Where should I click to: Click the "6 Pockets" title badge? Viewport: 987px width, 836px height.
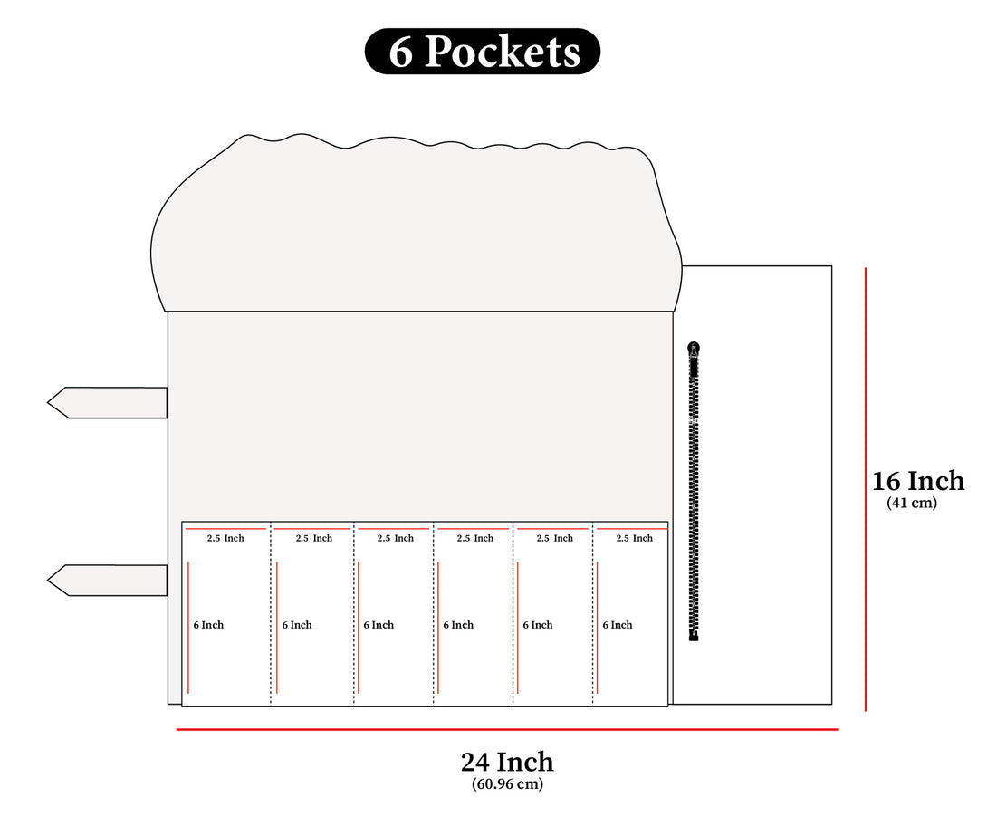(x=483, y=52)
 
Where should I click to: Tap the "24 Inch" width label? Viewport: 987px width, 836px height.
(x=507, y=762)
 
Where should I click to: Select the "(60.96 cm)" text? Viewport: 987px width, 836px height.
(x=507, y=784)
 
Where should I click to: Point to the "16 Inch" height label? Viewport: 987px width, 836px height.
(x=918, y=480)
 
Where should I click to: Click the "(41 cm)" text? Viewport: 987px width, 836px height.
(x=912, y=504)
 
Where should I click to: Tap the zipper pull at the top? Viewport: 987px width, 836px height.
(x=694, y=349)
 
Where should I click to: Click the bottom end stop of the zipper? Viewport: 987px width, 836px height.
(x=694, y=637)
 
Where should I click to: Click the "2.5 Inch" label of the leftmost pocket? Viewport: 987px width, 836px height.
(x=225, y=538)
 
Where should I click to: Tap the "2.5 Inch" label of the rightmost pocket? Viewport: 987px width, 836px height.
(x=634, y=538)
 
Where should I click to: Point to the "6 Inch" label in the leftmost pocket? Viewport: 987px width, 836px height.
(x=208, y=625)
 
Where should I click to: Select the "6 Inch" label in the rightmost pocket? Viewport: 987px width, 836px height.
(x=618, y=625)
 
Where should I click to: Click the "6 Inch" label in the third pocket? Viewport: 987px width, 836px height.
(x=379, y=625)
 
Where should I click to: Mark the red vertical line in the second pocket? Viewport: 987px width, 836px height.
(x=277, y=627)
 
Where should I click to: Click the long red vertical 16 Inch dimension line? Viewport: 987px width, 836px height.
(x=867, y=489)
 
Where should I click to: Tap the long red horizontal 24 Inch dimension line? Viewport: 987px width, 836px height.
(x=507, y=729)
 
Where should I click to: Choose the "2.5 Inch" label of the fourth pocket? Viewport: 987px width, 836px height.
(x=475, y=538)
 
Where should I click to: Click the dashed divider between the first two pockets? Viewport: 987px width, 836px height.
(x=271, y=616)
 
